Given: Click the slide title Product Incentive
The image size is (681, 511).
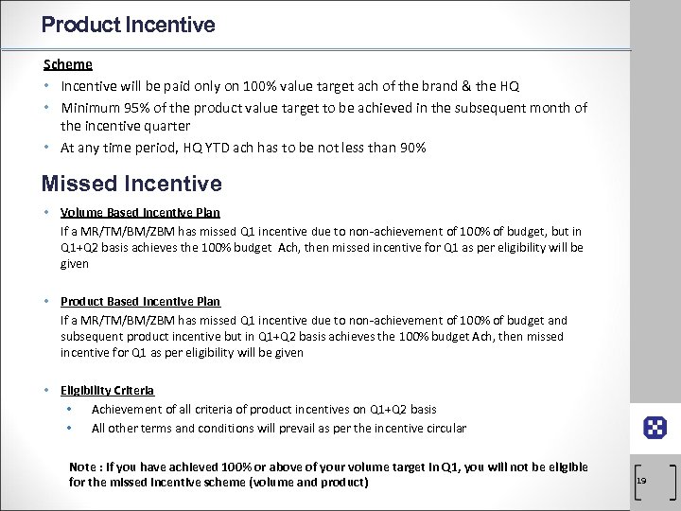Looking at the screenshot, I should (x=129, y=24).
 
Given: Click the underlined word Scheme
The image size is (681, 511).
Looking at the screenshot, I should (x=68, y=64).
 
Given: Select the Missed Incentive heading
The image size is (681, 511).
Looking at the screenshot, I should (x=132, y=184).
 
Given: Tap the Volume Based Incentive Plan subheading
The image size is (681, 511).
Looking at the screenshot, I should (x=140, y=212).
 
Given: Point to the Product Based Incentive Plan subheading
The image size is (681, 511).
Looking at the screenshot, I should (x=140, y=301).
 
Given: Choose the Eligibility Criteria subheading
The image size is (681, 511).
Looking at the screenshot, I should (x=107, y=390).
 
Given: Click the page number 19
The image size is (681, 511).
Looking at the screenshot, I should (x=641, y=481).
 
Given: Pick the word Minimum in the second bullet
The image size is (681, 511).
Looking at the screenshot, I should (x=87, y=108).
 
